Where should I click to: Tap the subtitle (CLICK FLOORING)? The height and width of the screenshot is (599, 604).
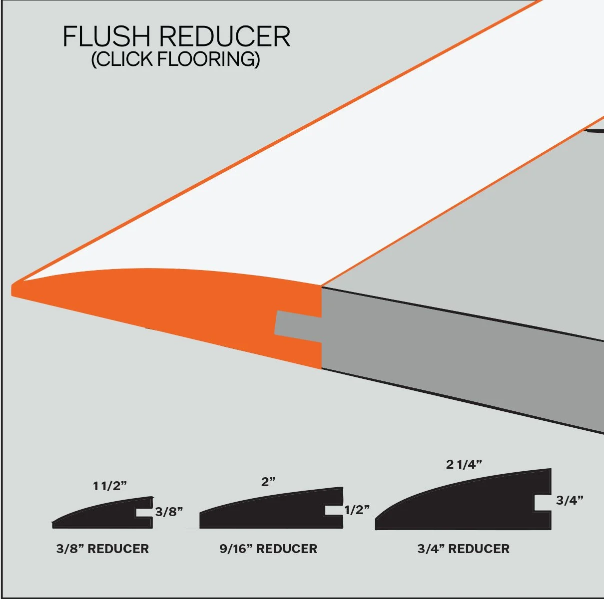tap(175, 59)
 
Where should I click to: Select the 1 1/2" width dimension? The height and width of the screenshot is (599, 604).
tap(110, 486)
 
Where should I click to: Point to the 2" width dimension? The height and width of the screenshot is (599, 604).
tap(268, 482)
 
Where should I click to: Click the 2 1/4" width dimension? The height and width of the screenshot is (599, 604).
tap(464, 464)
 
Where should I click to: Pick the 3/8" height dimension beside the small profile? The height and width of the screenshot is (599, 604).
tap(169, 511)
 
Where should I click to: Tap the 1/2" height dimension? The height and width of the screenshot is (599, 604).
tap(357, 510)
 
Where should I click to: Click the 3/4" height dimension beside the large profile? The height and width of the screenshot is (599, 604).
tap(570, 500)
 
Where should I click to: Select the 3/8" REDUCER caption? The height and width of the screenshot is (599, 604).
tap(102, 549)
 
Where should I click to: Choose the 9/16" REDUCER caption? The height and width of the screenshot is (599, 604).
tap(268, 549)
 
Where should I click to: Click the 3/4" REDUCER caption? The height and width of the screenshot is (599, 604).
tap(464, 549)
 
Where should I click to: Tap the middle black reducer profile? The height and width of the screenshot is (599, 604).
tap(270, 512)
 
